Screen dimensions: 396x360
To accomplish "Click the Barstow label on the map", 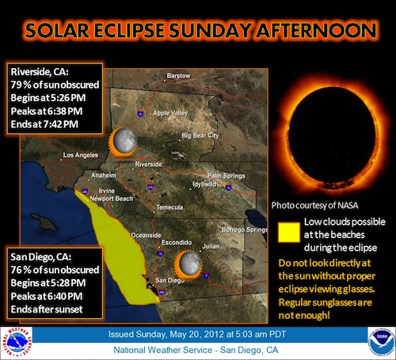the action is click(x=178, y=76).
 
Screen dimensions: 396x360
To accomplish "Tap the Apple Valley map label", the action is click(x=170, y=113).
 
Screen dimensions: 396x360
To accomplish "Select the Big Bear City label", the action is click(x=200, y=136).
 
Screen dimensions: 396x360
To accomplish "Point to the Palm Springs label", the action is click(x=227, y=176).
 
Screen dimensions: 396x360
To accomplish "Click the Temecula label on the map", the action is click(x=169, y=207).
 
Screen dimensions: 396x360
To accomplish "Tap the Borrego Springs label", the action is click(x=245, y=230).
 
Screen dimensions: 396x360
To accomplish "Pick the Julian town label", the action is click(x=211, y=246).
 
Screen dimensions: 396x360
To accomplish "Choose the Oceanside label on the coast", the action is click(x=146, y=235).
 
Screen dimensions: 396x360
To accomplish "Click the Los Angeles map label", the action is click(x=81, y=155).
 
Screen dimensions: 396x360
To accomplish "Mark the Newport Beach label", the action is click(x=112, y=199).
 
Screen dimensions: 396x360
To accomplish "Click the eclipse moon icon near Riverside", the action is click(x=123, y=142).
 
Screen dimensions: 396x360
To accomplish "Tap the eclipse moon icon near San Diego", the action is click(x=188, y=264).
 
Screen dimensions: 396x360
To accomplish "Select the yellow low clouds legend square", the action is click(x=289, y=232).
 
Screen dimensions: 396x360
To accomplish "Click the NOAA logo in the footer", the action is click(x=381, y=343).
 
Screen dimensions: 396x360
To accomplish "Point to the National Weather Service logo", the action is click(x=17, y=343).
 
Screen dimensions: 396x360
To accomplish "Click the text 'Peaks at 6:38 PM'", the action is click(x=47, y=111).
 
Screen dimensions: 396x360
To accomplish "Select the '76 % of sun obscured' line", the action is click(x=55, y=270).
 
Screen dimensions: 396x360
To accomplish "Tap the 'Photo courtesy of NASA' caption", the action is click(x=314, y=205).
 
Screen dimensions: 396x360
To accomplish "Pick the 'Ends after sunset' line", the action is click(x=47, y=309).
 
